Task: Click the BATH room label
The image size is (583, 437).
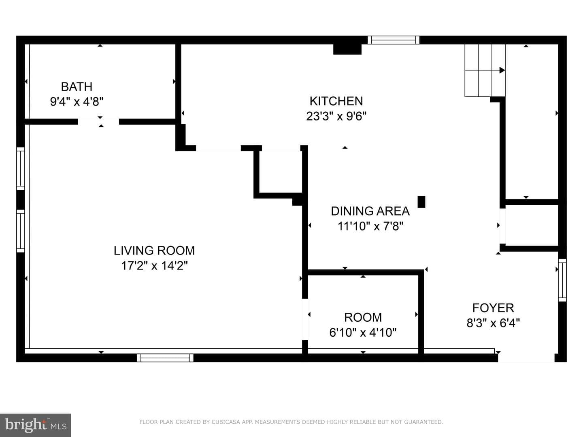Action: tap(77, 87)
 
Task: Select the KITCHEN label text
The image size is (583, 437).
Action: tap(336, 101)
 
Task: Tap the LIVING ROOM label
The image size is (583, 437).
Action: tap(154, 250)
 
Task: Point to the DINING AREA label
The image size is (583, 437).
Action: tap(370, 211)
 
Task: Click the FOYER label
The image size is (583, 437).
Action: tap(493, 308)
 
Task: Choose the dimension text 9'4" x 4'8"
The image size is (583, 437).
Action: tap(77, 102)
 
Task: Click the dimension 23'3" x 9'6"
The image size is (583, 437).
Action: tap(336, 116)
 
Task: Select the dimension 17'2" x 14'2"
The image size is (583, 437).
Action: tap(154, 265)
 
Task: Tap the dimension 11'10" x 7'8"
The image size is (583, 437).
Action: tap(370, 226)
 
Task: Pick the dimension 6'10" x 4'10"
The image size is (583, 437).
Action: tap(363, 332)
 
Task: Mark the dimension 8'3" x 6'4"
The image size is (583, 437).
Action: tap(493, 323)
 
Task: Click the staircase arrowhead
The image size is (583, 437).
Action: tap(502, 70)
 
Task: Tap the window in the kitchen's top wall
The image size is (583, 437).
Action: tap(394, 40)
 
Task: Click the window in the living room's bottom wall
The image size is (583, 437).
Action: tap(165, 358)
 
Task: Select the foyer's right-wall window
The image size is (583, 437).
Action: tap(562, 280)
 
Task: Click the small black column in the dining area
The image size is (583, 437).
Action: tap(421, 202)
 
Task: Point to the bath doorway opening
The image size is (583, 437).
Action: tap(98, 122)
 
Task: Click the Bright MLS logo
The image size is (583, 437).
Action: tap(36, 425)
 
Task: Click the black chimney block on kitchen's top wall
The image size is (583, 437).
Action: tap(347, 49)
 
